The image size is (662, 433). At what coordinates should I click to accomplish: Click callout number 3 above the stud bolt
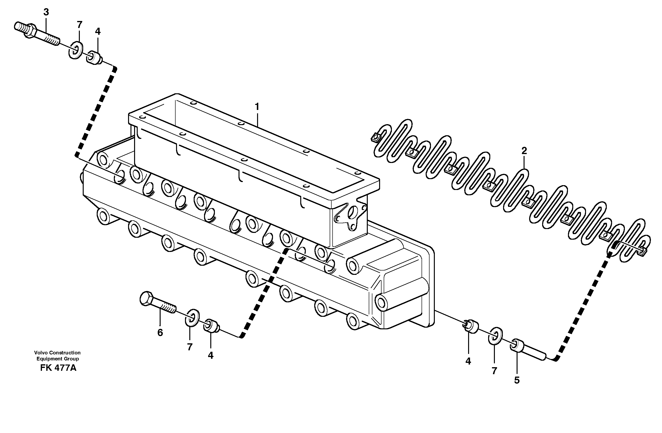coord(46,12)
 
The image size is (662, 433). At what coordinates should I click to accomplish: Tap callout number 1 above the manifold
coord(257,107)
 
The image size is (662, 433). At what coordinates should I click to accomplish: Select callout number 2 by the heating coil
coord(524,151)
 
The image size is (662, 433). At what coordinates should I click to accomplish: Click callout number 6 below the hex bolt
coord(160,333)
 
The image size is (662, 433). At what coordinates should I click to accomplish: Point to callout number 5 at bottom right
coord(517,380)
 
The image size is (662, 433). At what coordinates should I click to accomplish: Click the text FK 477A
coord(58,368)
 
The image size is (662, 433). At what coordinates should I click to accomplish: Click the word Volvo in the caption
coord(40,353)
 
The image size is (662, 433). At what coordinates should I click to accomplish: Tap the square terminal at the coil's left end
coord(375,137)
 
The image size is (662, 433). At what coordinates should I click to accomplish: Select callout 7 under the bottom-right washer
coord(494,371)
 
